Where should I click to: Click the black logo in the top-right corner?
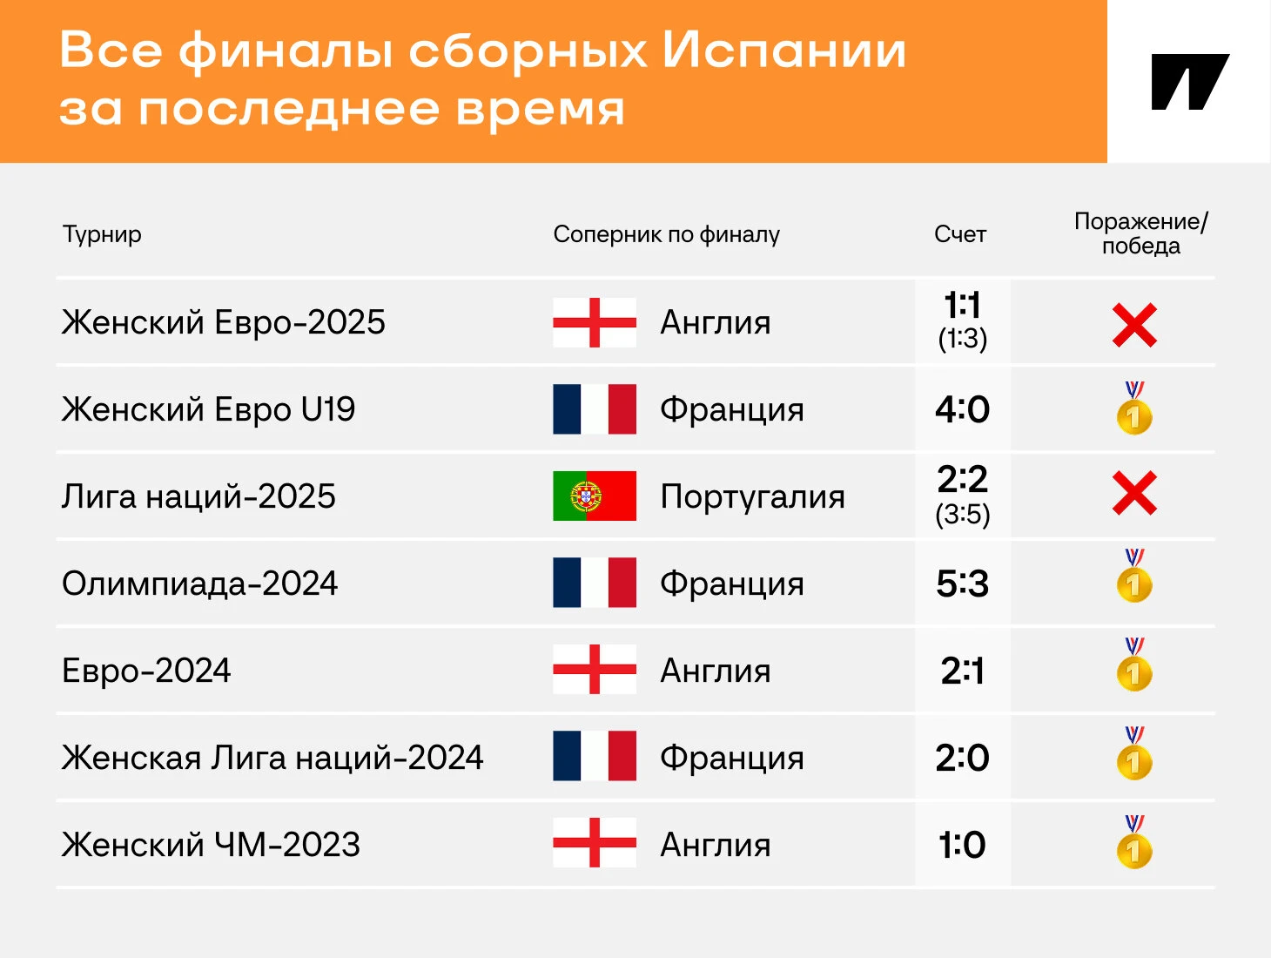point(1190,82)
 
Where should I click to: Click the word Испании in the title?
point(784,51)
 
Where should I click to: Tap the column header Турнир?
point(102,234)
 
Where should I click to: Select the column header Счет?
point(960,234)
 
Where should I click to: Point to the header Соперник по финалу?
point(667,234)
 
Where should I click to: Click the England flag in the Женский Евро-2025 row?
point(595,322)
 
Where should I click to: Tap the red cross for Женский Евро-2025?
point(1134,325)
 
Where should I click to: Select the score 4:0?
point(962,409)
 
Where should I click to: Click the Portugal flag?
point(595,496)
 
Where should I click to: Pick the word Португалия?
point(752,497)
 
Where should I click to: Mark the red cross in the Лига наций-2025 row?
point(1134,493)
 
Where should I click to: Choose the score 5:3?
point(962,584)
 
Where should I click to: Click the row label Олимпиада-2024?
point(199,584)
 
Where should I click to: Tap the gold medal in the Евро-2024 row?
point(1134,665)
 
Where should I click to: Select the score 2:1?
point(962,671)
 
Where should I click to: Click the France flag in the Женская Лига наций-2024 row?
point(595,756)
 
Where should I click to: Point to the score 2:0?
point(962,758)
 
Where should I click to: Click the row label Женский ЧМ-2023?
point(211,845)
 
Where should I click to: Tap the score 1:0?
point(962,845)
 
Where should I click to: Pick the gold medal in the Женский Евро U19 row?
point(1134,408)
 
